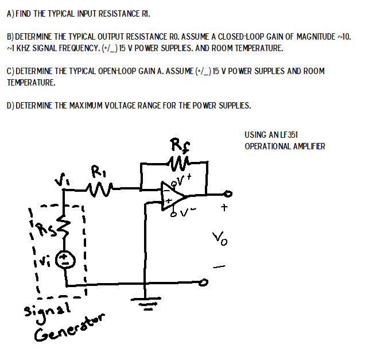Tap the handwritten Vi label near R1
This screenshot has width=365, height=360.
tap(60, 181)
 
